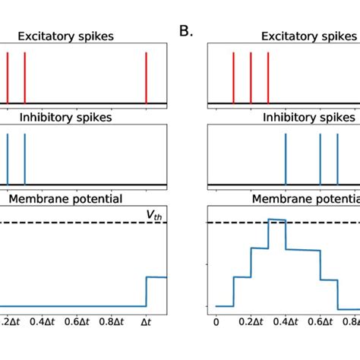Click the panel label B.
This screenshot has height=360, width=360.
(x=185, y=31)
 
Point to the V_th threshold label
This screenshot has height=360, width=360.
(x=155, y=216)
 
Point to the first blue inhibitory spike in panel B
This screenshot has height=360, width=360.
(x=286, y=159)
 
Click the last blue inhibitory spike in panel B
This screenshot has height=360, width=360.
(x=337, y=159)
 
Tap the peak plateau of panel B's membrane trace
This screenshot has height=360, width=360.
(x=276, y=219)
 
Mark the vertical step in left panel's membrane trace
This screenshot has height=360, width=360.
(x=146, y=292)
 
